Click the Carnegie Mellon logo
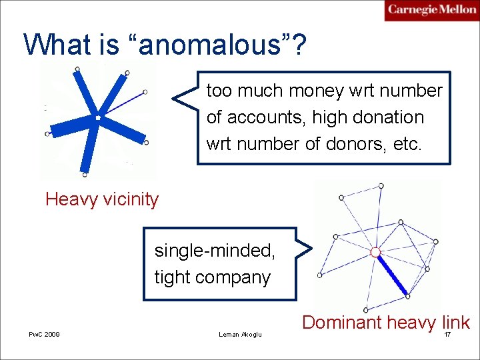(432, 10)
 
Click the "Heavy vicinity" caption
(102, 199)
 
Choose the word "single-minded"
(215, 251)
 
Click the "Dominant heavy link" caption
(386, 323)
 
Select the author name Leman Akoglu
(240, 334)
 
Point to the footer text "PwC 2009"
(44, 334)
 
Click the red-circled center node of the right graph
(375, 252)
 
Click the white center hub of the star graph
(97, 117)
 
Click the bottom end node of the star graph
(85, 175)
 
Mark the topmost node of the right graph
(381, 185)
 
